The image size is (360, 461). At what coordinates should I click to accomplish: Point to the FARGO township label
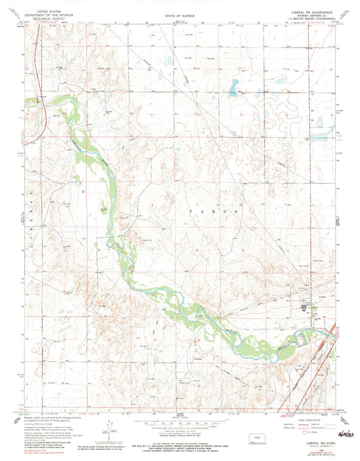point(213,211)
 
